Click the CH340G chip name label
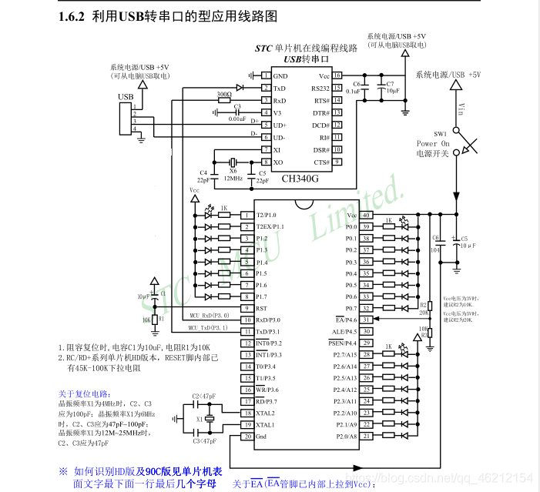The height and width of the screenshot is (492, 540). (x=299, y=179)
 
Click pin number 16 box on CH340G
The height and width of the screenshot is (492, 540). (x=337, y=76)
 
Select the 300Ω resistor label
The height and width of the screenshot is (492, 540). (x=224, y=94)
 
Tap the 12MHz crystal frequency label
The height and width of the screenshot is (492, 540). (x=234, y=179)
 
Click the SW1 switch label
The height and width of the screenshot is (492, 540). (x=440, y=133)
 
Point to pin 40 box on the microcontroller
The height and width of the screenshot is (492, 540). (x=367, y=215)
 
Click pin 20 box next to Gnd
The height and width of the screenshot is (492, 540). (x=247, y=437)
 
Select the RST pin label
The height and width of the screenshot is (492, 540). (x=261, y=308)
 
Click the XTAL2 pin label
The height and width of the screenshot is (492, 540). (x=266, y=413)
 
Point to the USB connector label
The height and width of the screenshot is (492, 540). (x=125, y=97)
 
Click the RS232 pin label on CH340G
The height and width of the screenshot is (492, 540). (x=320, y=89)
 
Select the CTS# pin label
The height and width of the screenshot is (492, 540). (x=321, y=162)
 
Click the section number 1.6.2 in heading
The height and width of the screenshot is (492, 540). (x=72, y=15)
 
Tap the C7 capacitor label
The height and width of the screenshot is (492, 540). (x=390, y=83)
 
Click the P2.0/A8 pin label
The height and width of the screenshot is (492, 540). (x=345, y=437)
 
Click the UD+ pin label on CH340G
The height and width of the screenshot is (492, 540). (x=280, y=125)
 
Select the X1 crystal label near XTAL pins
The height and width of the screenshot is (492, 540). (x=198, y=419)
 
